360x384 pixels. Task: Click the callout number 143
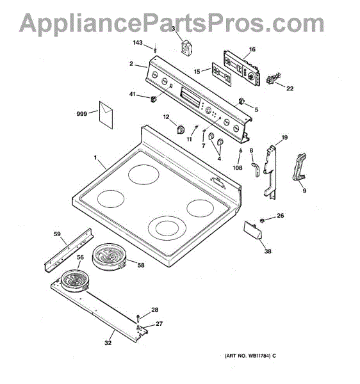138,43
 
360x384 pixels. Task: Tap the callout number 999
81,114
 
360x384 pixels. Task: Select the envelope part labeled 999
106,115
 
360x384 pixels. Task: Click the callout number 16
252,49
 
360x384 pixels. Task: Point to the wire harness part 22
272,79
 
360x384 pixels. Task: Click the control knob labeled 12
181,129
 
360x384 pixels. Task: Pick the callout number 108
237,168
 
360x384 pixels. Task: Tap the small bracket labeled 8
256,168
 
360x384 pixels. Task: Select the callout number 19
284,138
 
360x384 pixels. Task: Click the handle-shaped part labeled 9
299,167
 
